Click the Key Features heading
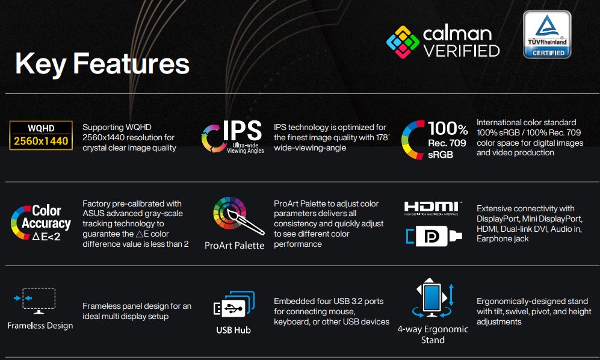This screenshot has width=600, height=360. (102, 64)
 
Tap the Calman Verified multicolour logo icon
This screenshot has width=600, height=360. (403, 42)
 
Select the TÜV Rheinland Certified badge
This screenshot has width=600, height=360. (547, 34)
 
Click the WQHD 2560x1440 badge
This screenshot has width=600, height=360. (41, 135)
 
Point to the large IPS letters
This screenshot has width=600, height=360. (243, 131)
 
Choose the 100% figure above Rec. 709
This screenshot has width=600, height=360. (448, 129)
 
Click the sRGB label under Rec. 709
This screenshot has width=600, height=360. (441, 155)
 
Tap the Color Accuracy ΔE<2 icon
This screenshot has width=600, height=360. (41, 223)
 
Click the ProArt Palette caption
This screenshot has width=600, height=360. (234, 246)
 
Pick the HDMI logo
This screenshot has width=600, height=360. (433, 208)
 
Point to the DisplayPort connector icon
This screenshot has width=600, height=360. (434, 236)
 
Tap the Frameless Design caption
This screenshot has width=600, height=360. (40, 326)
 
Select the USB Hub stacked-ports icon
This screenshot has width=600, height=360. (234, 303)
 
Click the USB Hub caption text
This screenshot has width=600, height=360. (234, 330)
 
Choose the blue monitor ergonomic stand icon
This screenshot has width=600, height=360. (433, 298)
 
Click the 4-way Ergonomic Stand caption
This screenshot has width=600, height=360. (433, 334)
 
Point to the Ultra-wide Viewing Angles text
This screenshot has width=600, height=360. (246, 148)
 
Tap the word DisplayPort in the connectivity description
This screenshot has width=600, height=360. (496, 219)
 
